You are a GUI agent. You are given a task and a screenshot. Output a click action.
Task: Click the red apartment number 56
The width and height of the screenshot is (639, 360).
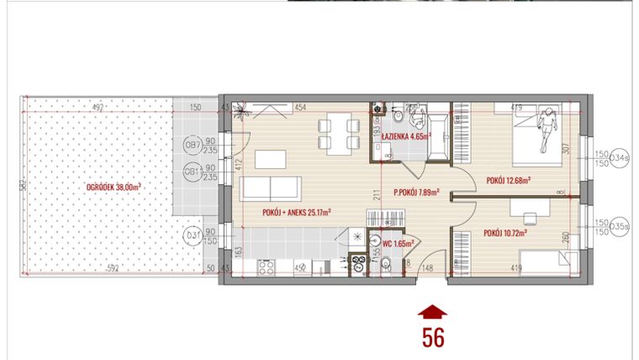point(433,336)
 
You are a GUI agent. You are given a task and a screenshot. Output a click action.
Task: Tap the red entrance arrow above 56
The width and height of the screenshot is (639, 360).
point(433,312)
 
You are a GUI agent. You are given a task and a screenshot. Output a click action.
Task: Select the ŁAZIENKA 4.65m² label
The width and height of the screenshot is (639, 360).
point(405,135)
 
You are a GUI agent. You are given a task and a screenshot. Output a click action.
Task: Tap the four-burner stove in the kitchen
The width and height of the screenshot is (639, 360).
point(267,267)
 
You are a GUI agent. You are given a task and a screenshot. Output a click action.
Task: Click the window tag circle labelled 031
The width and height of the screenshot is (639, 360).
point(193,236)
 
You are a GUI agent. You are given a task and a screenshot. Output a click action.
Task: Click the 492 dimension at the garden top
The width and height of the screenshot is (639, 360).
point(98,108)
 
